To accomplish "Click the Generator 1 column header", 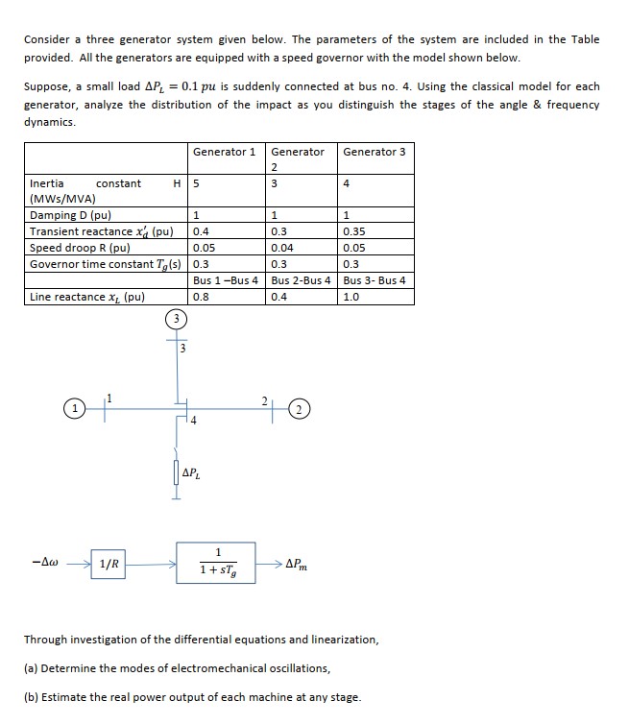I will pyautogui.click(x=224, y=152).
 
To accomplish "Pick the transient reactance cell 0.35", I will pyautogui.click(x=355, y=231).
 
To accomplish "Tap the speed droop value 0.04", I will pyautogui.click(x=284, y=248).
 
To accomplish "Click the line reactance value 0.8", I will pyautogui.click(x=201, y=297).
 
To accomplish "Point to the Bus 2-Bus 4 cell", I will pyautogui.click(x=302, y=280).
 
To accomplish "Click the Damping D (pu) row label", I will pyautogui.click(x=70, y=215).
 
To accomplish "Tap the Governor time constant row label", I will pyautogui.click(x=107, y=264).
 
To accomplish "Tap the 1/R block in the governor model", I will pyautogui.click(x=109, y=564).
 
